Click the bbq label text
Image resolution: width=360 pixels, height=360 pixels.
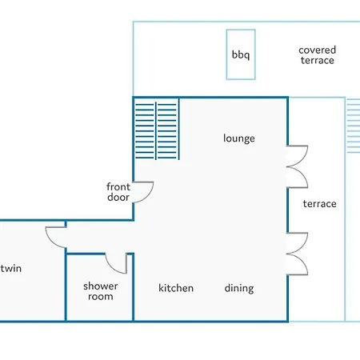[x=241, y=55]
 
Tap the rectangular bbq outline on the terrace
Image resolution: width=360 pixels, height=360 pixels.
[x=226, y=54]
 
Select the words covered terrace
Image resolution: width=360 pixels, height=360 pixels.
[x=317, y=55]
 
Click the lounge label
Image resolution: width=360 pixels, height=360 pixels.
[x=239, y=138]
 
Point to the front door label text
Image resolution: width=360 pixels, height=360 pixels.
[x=118, y=192]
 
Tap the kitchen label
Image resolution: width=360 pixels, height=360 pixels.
[x=176, y=288]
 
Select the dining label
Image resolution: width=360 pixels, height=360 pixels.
[x=239, y=288]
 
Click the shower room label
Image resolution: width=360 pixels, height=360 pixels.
[x=101, y=291]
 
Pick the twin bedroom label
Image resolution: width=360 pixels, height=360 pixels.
[x=11, y=268]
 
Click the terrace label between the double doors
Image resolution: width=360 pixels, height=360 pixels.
[x=319, y=204]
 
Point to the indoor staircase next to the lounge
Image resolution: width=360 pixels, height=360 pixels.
[x=156, y=129]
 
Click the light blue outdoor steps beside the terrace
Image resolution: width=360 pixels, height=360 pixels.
[x=353, y=126]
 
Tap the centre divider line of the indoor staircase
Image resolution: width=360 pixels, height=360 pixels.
[x=156, y=130]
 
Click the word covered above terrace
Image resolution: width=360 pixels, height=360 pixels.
[x=317, y=50]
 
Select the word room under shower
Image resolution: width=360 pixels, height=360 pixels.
[x=101, y=297]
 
